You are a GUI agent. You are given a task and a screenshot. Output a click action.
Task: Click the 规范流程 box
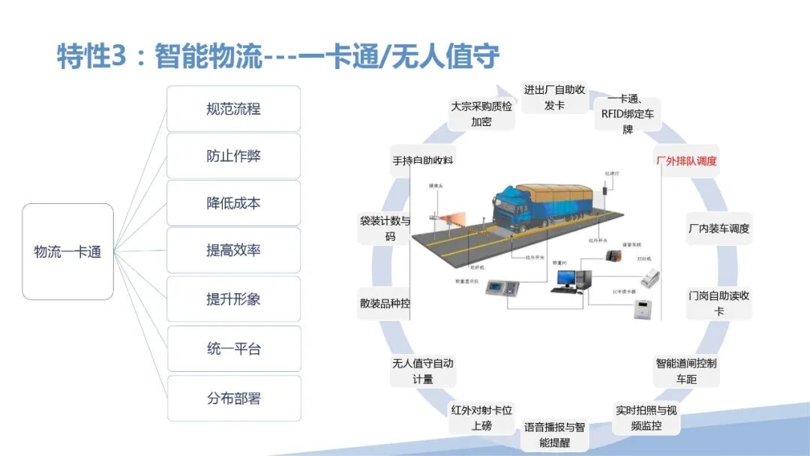click(233, 109)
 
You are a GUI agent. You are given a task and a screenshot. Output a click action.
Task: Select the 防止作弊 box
click(233, 156)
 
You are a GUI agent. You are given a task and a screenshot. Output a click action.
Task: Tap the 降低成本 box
click(233, 203)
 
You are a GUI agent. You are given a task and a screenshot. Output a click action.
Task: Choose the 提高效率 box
click(233, 250)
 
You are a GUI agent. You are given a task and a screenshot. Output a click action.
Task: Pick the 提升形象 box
click(233, 298)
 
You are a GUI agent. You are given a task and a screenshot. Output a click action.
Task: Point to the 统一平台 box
click(233, 349)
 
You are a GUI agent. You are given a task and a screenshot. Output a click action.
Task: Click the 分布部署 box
click(233, 398)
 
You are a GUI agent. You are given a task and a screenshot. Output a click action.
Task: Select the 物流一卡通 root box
click(67, 252)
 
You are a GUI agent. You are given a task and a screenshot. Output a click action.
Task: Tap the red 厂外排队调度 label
click(686, 160)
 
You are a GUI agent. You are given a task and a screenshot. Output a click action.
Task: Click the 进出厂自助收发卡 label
click(554, 97)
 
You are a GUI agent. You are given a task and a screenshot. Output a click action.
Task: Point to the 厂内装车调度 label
click(718, 229)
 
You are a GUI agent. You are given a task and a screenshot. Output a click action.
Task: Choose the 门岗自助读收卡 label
click(718, 303)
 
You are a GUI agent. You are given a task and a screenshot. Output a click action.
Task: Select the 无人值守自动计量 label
click(423, 371)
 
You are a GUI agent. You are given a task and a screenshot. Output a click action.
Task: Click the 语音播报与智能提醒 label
click(554, 435)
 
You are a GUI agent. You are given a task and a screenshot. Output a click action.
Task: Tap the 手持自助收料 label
click(423, 160)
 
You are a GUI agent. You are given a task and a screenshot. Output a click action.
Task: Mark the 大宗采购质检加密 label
click(481, 114)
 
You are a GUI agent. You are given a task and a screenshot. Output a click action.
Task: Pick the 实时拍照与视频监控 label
click(646, 418)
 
